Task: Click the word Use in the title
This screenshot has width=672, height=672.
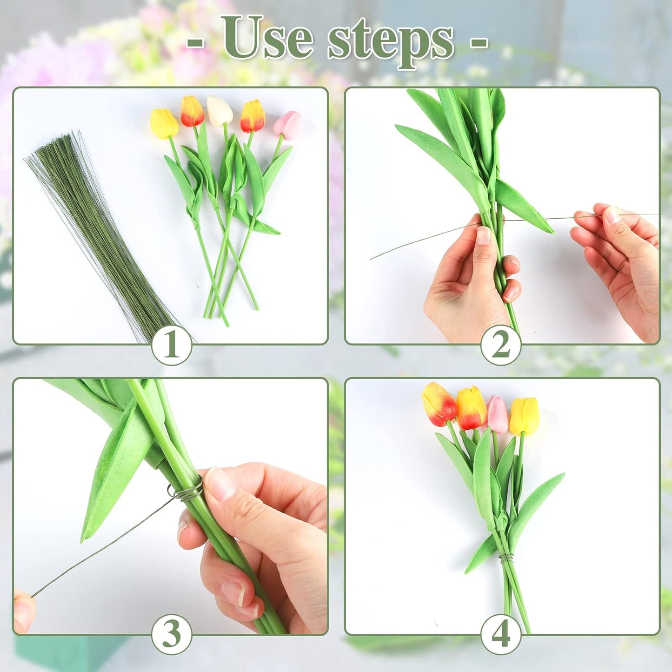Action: [x=267, y=38]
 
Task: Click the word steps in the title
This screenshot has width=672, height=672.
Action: [x=391, y=41]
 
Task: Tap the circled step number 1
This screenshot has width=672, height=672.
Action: [x=172, y=345]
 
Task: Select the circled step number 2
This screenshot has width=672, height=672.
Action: [x=500, y=345]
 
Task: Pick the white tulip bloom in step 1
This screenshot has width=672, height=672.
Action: [x=220, y=111]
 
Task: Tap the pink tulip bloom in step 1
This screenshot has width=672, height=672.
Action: [x=287, y=125]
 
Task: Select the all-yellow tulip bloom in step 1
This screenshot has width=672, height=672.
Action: [x=164, y=123]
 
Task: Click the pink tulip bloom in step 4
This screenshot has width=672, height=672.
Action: [x=497, y=414]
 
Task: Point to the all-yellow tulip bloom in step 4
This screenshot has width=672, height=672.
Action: [x=524, y=415]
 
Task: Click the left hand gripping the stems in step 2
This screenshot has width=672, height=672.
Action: [x=470, y=279]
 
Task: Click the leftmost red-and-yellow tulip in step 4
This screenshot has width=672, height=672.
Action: [x=438, y=404]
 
